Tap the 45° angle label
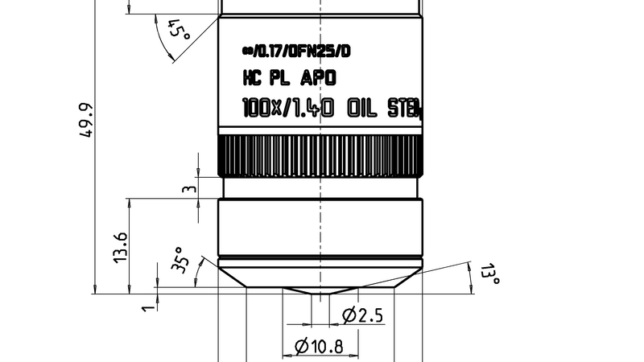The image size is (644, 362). pos(178,33)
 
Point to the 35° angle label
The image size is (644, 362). pos(181,261)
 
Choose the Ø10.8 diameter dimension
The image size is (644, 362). pos(320,347)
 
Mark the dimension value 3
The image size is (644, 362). pos(188,190)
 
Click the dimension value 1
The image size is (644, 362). pos(147,306)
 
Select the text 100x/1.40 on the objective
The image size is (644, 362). pos(288,108)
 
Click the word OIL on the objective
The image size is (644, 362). pos(362,108)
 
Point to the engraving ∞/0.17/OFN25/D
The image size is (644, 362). pos(296,51)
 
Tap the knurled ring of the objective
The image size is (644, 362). pos(320,155)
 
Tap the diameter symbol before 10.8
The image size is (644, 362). pos(302,347)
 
